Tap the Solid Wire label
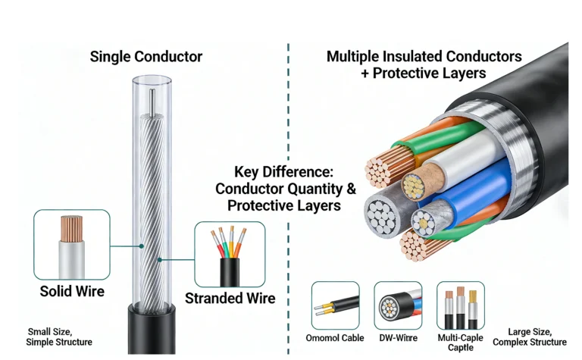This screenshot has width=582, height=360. click(72, 291)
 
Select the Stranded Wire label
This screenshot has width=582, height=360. click(230, 298)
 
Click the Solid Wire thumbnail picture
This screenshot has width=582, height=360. click(72, 245)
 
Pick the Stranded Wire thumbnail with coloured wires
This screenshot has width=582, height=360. click(230, 254)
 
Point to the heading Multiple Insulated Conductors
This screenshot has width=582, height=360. click(424, 57)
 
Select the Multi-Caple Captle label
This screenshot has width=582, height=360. click(460, 342)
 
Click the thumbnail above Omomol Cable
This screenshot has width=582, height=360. click(335, 305)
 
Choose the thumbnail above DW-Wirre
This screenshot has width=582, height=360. click(398, 305)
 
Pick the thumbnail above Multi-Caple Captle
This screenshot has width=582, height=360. click(461, 305)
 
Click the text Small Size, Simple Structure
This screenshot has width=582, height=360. click(60, 337)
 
